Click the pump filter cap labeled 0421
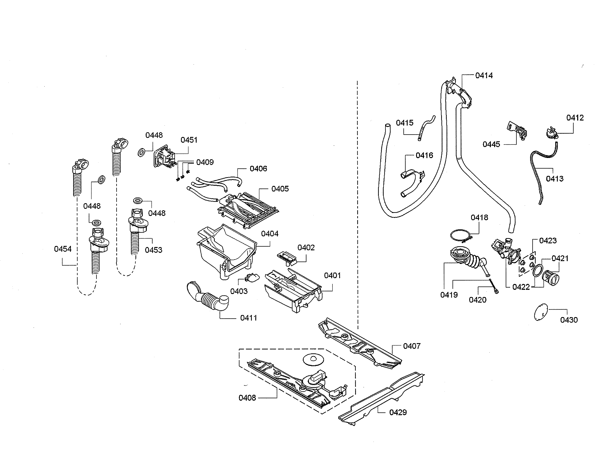tap(550, 278)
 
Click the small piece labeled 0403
tap(252, 278)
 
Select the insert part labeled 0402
tap(287, 257)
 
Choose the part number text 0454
tap(63, 249)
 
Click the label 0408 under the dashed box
tap(247, 398)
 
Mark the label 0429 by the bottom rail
tap(398, 413)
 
